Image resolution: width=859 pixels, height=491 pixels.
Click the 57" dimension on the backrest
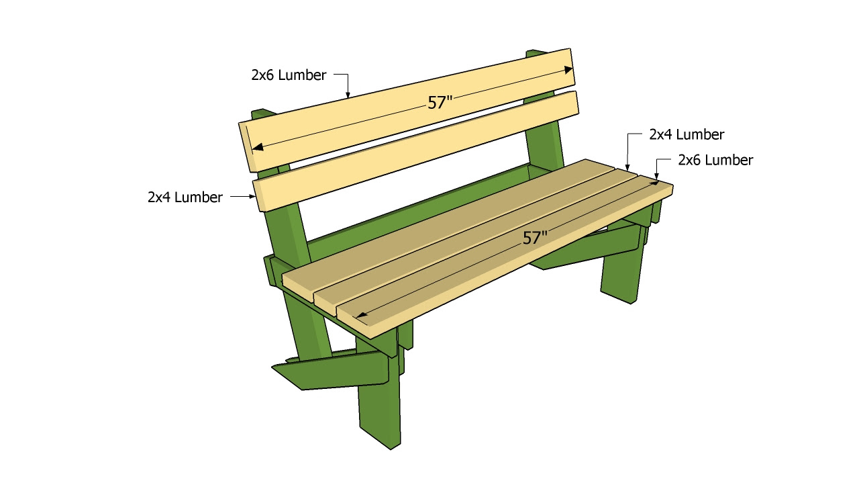(440, 103)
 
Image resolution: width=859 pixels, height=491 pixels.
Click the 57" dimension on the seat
(535, 238)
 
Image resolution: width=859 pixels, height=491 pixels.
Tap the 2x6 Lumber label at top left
(289, 75)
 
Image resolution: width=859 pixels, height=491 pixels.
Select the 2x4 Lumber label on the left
(185, 197)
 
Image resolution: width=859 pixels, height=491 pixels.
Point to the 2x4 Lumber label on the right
(687, 134)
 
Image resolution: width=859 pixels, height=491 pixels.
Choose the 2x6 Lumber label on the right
(715, 160)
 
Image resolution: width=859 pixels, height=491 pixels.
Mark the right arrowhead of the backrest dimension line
(568, 69)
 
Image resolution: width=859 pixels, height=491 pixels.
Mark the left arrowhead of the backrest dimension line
(257, 147)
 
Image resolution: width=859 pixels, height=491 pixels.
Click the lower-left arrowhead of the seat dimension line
(360, 315)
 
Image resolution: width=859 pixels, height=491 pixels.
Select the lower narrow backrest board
(415, 151)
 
